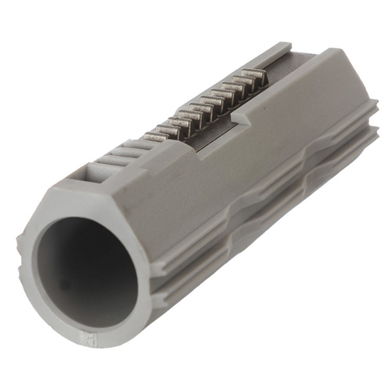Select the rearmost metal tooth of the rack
(252, 76)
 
